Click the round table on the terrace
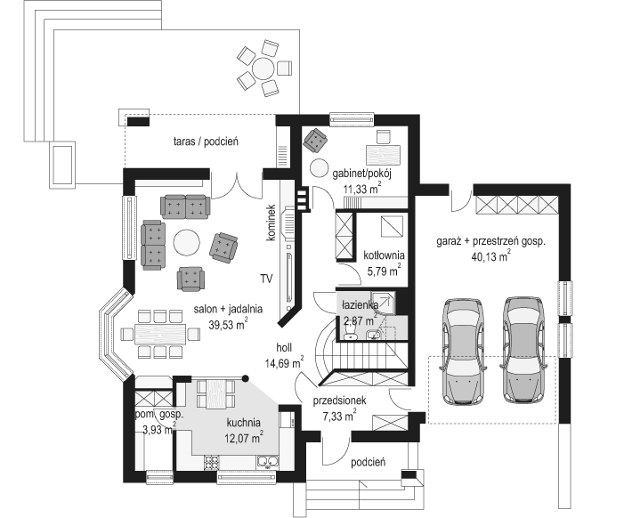[x=263, y=69]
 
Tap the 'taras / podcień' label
[x=206, y=142]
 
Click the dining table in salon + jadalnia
[x=160, y=334]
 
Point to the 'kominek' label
[x=271, y=223]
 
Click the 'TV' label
[x=267, y=279]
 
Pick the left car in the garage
[x=464, y=352]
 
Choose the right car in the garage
[x=523, y=350]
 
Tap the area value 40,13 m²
[x=491, y=256]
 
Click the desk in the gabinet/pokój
[x=383, y=154]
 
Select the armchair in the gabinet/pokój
[x=315, y=140]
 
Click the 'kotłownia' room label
[x=384, y=255]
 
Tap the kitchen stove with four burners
[x=212, y=462]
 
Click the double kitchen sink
[x=267, y=462]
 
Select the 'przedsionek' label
[x=339, y=401]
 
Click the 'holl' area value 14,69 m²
[x=285, y=363]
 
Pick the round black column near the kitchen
[x=246, y=378]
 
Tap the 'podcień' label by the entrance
[x=369, y=462]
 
